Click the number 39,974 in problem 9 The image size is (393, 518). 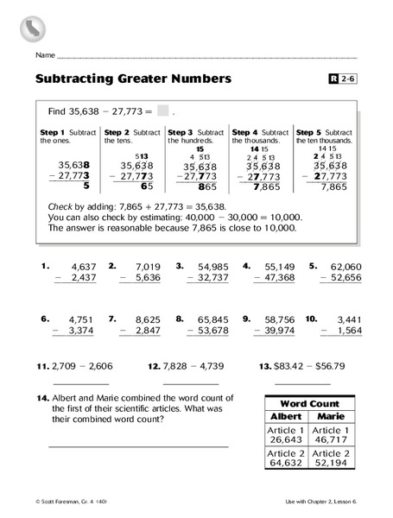(278, 330)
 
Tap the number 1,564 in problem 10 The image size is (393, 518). (345, 330)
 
